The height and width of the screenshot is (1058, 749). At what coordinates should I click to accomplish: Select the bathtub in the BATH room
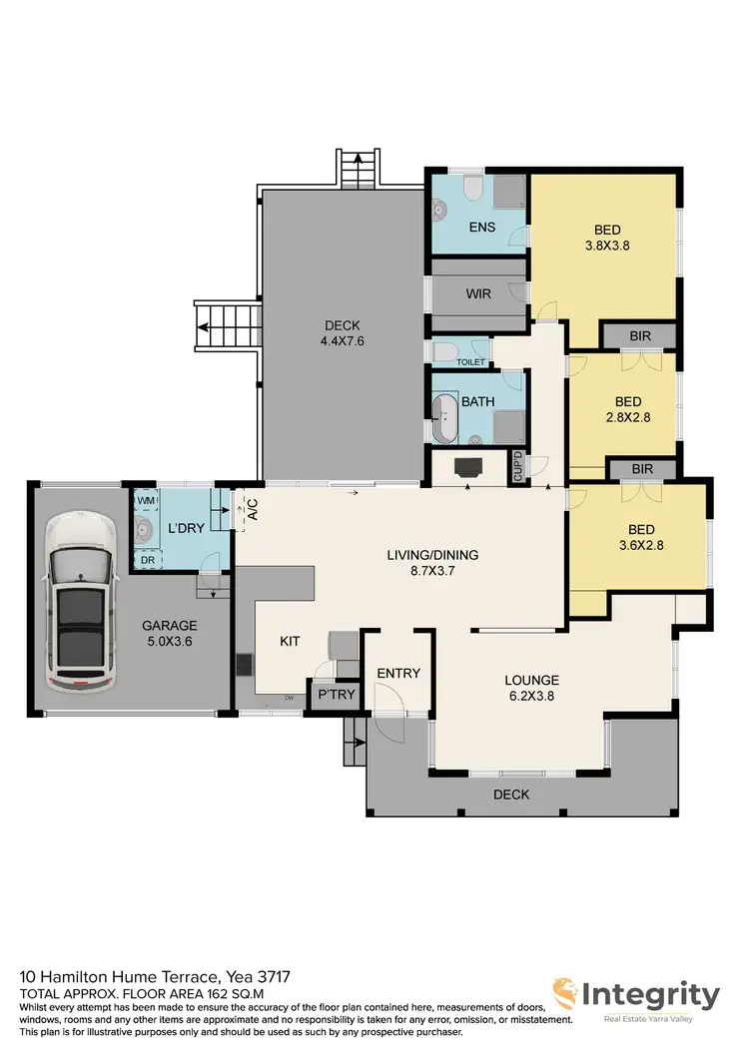pyautogui.click(x=445, y=417)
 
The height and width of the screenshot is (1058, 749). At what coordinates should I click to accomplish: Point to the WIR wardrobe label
pyautogui.click(x=477, y=294)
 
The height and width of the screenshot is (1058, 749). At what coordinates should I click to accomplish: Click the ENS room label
pyautogui.click(x=482, y=228)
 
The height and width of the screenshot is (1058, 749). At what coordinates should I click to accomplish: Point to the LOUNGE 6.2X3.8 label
pyautogui.click(x=531, y=688)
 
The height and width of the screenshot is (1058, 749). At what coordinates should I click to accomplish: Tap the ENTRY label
pyautogui.click(x=398, y=674)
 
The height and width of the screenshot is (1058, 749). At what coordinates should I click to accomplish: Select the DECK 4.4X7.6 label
pyautogui.click(x=342, y=332)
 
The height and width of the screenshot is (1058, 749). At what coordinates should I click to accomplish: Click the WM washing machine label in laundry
pyautogui.click(x=145, y=499)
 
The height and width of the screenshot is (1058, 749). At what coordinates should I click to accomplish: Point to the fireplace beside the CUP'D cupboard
pyautogui.click(x=467, y=466)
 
